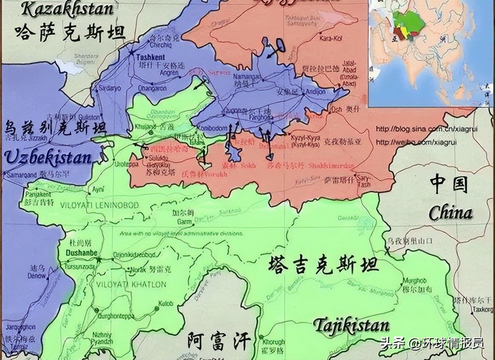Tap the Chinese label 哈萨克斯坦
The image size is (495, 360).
70,32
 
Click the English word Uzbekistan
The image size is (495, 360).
48,158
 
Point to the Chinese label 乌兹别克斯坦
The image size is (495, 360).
55,128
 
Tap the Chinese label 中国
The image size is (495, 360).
449,184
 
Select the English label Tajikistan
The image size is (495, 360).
352,325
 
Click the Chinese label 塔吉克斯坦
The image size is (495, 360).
323,265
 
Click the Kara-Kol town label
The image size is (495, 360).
329,38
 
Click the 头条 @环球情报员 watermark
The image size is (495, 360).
431,343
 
